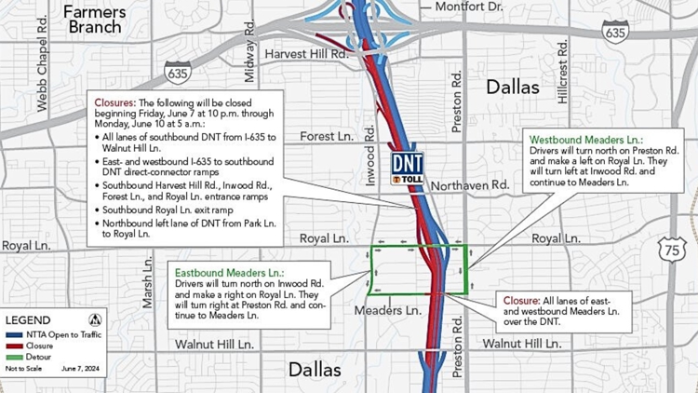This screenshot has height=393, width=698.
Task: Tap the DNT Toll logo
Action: pos(407,169)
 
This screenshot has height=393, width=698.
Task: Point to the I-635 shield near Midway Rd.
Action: pos(178,71)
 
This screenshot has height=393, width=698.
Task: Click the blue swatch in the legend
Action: pos(14,334)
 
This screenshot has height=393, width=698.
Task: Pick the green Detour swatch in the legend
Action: pos(14,357)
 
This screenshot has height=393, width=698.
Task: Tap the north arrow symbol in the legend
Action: pos(94,319)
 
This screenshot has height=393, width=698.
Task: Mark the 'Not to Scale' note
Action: pos(24,370)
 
